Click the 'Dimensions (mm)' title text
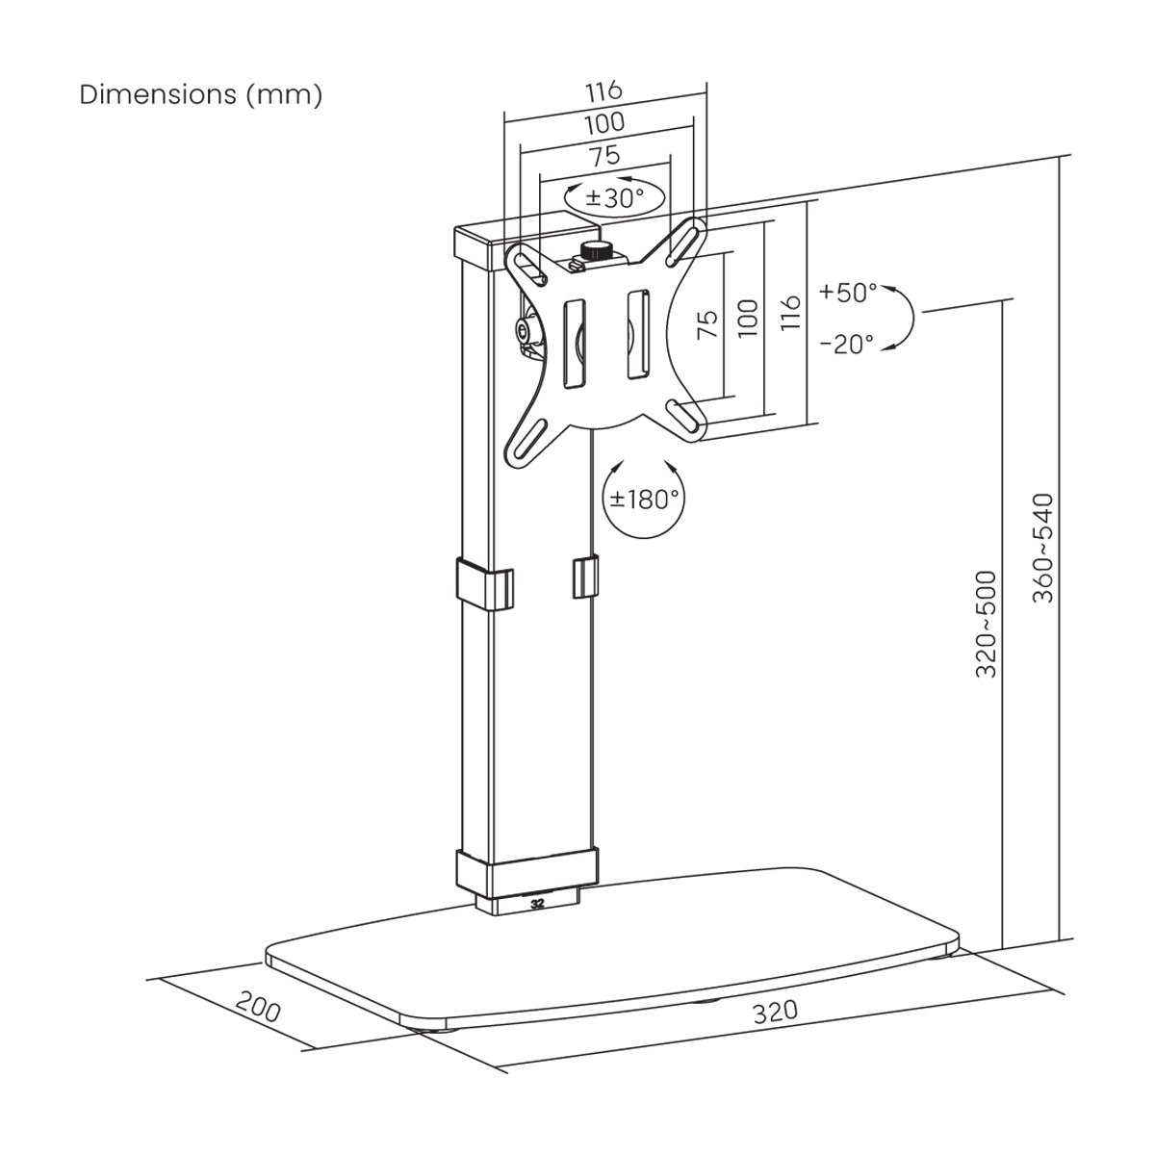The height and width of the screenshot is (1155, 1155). (201, 94)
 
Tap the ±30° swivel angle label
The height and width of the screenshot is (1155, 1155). (614, 197)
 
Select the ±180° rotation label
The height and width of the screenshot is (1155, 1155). (644, 498)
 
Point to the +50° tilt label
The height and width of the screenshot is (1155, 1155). (848, 292)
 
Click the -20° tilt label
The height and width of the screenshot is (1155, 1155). (846, 344)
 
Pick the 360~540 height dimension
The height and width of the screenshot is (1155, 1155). (1042, 548)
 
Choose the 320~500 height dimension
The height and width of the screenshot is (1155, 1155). (986, 624)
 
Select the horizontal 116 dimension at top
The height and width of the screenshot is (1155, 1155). (604, 91)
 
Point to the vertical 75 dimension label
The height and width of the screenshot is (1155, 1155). (707, 324)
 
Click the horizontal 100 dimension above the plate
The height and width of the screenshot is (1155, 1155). (604, 123)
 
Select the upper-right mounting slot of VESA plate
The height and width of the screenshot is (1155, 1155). (685, 243)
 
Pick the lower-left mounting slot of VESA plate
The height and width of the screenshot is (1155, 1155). (526, 445)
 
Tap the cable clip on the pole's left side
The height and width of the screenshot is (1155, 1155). (485, 585)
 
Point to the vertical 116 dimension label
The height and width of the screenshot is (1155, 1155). (790, 312)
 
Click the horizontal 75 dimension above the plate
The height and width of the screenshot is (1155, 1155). (604, 156)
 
